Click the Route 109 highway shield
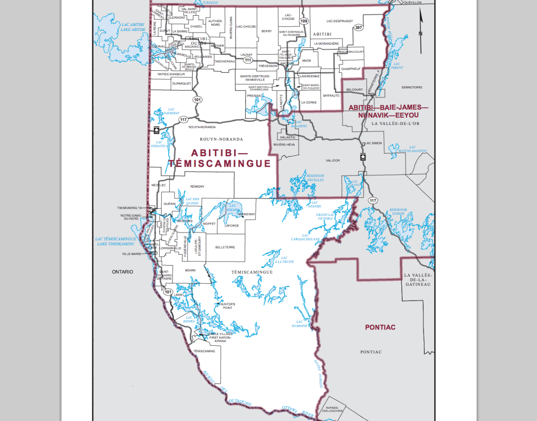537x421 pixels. point(304,21)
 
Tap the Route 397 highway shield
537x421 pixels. point(358,27)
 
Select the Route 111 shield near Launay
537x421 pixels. point(247,60)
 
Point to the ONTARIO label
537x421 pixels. point(122,272)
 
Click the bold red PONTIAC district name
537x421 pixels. point(380,327)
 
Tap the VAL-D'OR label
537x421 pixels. point(333,160)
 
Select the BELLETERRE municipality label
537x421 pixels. point(225,247)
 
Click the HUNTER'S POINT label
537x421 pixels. point(226,306)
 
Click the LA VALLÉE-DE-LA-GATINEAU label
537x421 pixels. point(418,279)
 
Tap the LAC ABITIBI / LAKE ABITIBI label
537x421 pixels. point(133,27)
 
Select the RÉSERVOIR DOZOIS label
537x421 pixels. point(398,212)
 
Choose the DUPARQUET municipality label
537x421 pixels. point(181,83)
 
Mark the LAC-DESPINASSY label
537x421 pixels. point(340,21)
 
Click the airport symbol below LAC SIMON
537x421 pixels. point(363,157)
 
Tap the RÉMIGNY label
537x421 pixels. point(197,186)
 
